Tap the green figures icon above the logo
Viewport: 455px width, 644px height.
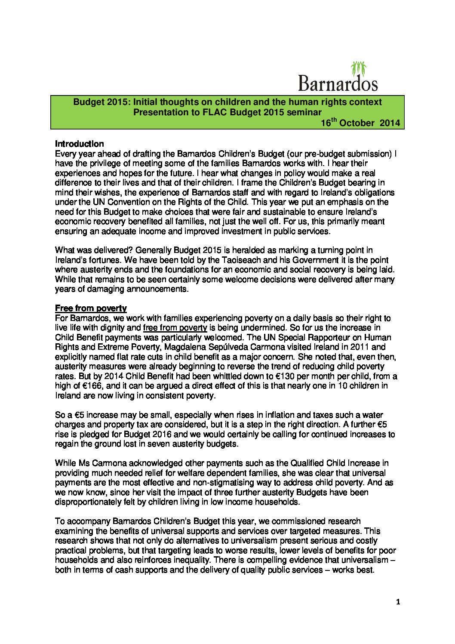coord(358,68)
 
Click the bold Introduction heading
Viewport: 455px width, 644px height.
coord(80,144)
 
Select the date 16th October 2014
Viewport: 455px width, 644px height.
coord(360,123)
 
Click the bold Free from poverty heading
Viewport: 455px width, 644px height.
coord(91,308)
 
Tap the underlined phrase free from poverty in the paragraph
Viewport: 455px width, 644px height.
coord(175,328)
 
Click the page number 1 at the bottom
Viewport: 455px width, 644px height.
coord(398,602)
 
